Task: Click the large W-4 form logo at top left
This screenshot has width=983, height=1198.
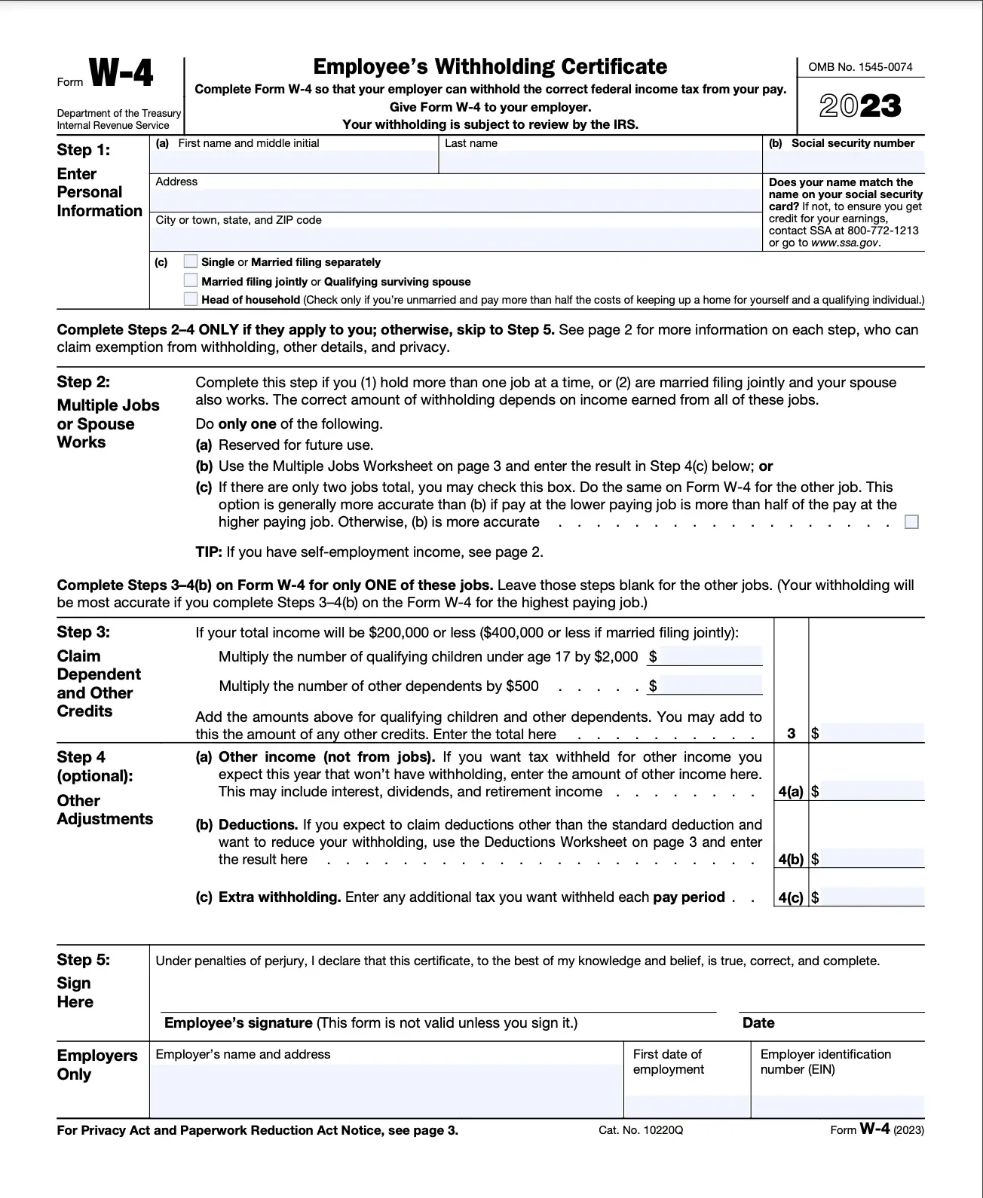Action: coord(121,74)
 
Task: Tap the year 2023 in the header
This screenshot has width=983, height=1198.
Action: coord(860,106)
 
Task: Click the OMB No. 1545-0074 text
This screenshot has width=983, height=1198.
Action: coord(860,67)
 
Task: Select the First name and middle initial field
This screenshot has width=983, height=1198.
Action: coord(295,161)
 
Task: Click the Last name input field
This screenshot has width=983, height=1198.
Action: coord(600,161)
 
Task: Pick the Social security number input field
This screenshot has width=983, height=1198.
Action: coord(844,161)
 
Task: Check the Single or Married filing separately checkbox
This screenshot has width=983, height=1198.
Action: coord(191,261)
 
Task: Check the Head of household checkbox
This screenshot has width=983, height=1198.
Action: coord(191,299)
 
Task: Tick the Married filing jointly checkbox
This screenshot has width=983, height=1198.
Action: coord(191,280)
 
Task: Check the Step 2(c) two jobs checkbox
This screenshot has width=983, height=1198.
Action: coord(911,521)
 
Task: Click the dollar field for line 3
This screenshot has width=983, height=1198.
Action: coord(871,732)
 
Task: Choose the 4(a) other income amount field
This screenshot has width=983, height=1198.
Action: coord(871,791)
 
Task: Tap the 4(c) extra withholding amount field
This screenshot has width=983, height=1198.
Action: coord(871,897)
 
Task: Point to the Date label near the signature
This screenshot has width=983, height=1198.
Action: coord(758,1023)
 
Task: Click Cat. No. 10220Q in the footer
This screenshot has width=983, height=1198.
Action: coord(641,1130)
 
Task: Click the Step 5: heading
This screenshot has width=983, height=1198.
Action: coord(83,959)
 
